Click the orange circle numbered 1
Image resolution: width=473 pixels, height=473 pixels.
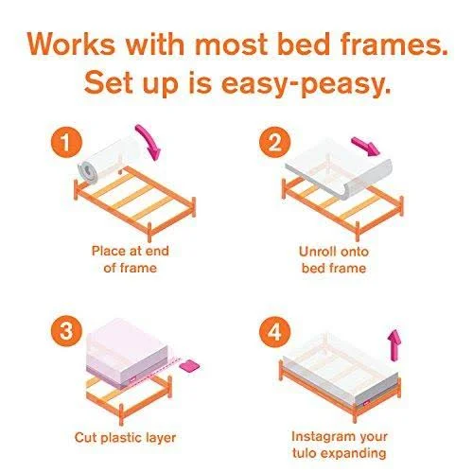(66, 143)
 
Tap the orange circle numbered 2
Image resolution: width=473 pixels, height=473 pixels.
(274, 143)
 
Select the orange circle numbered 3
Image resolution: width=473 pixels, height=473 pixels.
(66, 332)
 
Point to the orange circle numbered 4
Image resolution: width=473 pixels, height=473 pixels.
(274, 332)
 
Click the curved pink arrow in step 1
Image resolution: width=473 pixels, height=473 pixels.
(151, 139)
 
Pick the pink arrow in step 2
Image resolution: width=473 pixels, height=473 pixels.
(366, 147)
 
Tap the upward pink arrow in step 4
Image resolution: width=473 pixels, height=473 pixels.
(394, 345)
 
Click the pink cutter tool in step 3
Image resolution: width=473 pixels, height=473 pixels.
(189, 367)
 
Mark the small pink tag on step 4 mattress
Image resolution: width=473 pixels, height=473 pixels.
(367, 403)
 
